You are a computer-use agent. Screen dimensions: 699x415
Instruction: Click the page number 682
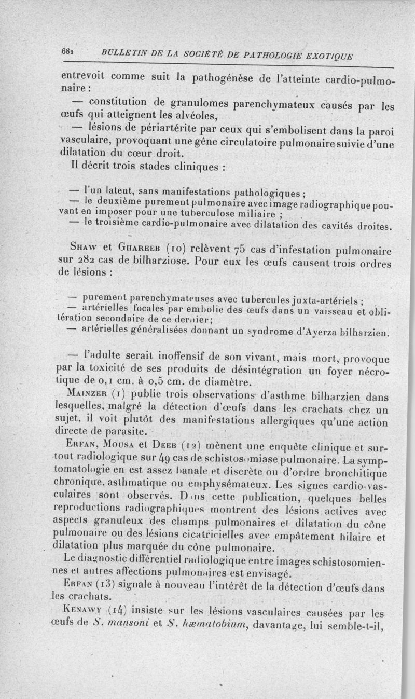[67, 52]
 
